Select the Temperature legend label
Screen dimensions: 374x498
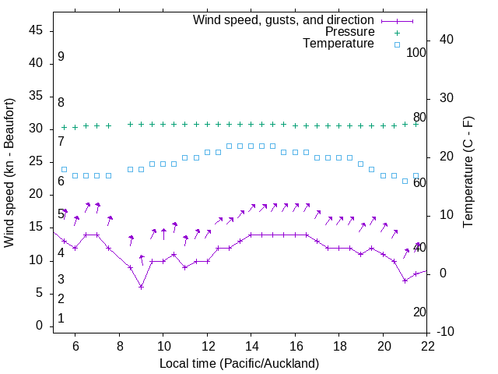(338, 44)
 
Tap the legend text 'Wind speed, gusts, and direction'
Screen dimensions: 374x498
(283, 19)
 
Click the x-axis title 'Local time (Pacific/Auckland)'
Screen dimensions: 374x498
(239, 363)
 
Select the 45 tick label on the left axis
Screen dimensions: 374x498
(36, 30)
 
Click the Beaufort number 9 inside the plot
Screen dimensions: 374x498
(61, 57)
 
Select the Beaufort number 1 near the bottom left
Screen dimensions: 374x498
(61, 319)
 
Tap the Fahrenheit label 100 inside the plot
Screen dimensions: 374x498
(417, 53)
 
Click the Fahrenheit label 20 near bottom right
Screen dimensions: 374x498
(419, 312)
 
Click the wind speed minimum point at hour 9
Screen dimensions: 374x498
(141, 287)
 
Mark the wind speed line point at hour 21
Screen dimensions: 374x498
(405, 280)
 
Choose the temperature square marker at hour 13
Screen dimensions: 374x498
(229, 146)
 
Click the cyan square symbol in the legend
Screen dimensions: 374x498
(396, 44)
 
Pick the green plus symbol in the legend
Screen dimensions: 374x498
(396, 32)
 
